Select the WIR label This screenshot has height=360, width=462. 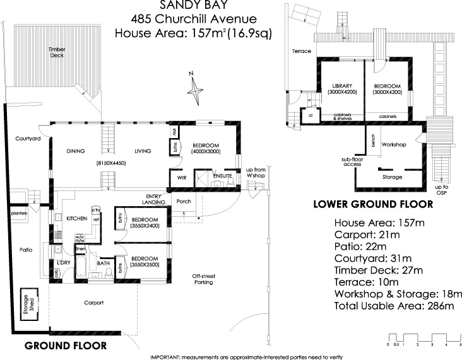coord(181,178)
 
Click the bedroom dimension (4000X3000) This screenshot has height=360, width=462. coord(206,151)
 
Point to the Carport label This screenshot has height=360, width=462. coord(94,303)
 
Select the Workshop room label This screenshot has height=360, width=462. coord(393,145)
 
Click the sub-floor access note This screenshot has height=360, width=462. coord(352,162)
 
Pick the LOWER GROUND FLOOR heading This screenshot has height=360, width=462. coord(373,204)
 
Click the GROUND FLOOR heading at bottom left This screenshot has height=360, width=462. coord(65,346)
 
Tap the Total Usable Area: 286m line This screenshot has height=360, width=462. coord(394,306)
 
